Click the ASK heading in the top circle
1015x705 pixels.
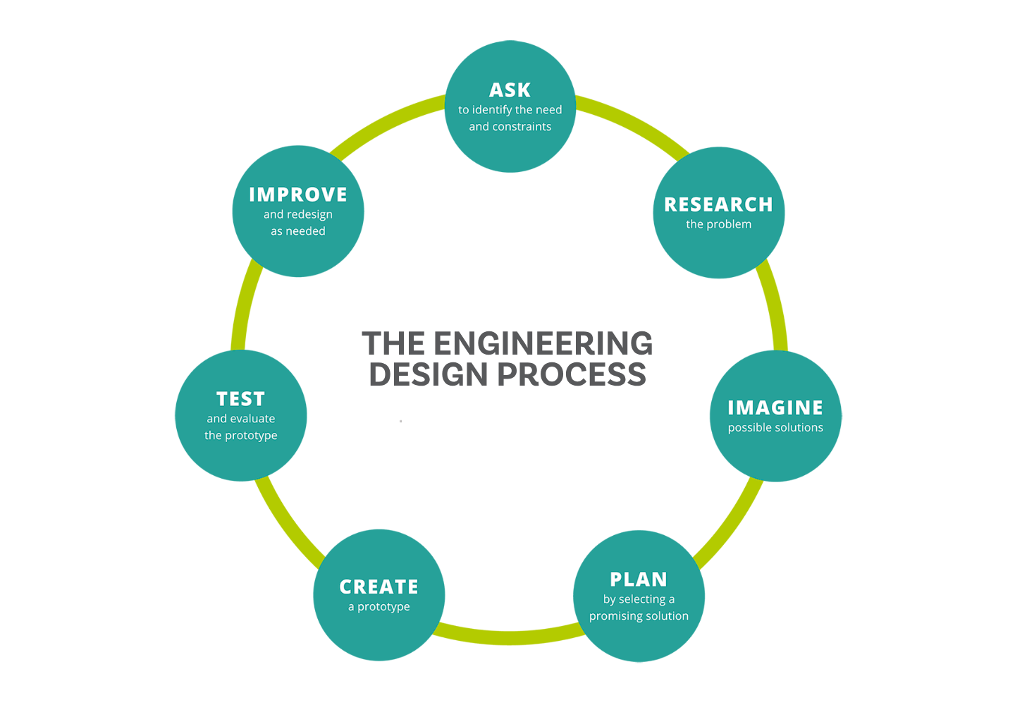point(510,90)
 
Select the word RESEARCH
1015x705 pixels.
point(718,204)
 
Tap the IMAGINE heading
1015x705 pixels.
point(775,407)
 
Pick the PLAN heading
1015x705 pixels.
point(639,580)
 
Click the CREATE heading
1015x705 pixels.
point(379,587)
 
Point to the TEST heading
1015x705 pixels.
point(240,399)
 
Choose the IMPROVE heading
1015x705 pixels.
point(298,195)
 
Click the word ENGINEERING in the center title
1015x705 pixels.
point(543,344)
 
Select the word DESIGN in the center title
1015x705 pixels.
point(429,374)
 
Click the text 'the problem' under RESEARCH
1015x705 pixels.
point(718,224)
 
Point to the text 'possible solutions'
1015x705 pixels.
point(775,427)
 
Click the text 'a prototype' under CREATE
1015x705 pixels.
point(379,606)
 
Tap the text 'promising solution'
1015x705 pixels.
point(639,616)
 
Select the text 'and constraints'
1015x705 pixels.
point(510,127)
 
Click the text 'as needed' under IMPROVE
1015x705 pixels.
point(298,231)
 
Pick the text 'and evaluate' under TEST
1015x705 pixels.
point(240,419)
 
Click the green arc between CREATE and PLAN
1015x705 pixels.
point(509,638)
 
